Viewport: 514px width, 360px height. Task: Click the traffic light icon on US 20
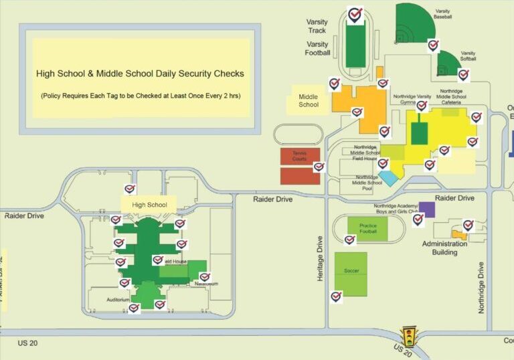pos(408,335)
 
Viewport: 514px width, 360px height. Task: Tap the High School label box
pos(149,205)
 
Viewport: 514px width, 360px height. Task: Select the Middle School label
pos(309,100)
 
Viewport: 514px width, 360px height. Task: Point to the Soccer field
pos(351,272)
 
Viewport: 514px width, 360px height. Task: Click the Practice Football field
pos(368,229)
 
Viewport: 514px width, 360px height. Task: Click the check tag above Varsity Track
pos(355,14)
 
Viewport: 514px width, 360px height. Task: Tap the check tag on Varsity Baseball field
pos(434,46)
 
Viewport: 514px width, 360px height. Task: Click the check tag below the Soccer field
pos(336,296)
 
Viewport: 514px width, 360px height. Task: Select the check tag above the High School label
pos(130,189)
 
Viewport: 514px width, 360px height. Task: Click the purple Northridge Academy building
pos(427,209)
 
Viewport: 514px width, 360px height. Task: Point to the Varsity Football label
pos(317,48)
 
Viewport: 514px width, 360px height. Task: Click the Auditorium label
pos(118,300)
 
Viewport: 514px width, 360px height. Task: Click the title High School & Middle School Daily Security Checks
pos(140,74)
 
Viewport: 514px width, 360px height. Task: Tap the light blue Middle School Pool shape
pos(388,179)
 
